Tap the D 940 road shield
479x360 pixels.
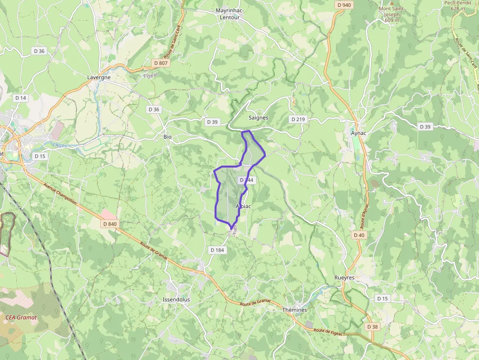click(x=344, y=5)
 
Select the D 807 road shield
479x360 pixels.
click(x=160, y=63)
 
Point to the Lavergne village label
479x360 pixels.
click(x=99, y=77)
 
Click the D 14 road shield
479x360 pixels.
click(x=21, y=98)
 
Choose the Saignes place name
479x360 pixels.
click(x=258, y=118)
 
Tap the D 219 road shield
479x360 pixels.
click(x=298, y=119)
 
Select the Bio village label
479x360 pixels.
click(x=167, y=137)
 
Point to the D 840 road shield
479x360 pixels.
click(x=110, y=224)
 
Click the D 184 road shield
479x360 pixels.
click(x=217, y=250)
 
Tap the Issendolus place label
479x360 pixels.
click(x=176, y=299)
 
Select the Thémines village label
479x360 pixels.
click(x=295, y=310)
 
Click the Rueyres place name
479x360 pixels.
click(x=344, y=277)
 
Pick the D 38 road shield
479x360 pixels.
click(x=372, y=326)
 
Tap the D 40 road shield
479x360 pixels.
click(x=359, y=235)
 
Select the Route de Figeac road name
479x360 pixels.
click(x=329, y=332)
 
